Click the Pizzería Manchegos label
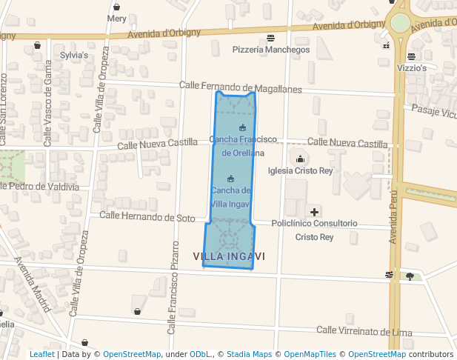click(271, 50)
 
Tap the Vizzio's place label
click(412, 67)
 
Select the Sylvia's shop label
click(74, 55)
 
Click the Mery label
click(116, 19)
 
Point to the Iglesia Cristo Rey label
click(300, 170)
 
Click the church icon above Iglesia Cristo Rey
click(300, 158)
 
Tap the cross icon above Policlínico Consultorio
click(314, 212)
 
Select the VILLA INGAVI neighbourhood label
click(229, 256)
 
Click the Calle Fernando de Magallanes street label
click(241, 87)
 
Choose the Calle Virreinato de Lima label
click(363, 330)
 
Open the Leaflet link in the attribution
click(41, 354)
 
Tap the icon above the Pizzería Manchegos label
click(271, 38)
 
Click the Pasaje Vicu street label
click(433, 113)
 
